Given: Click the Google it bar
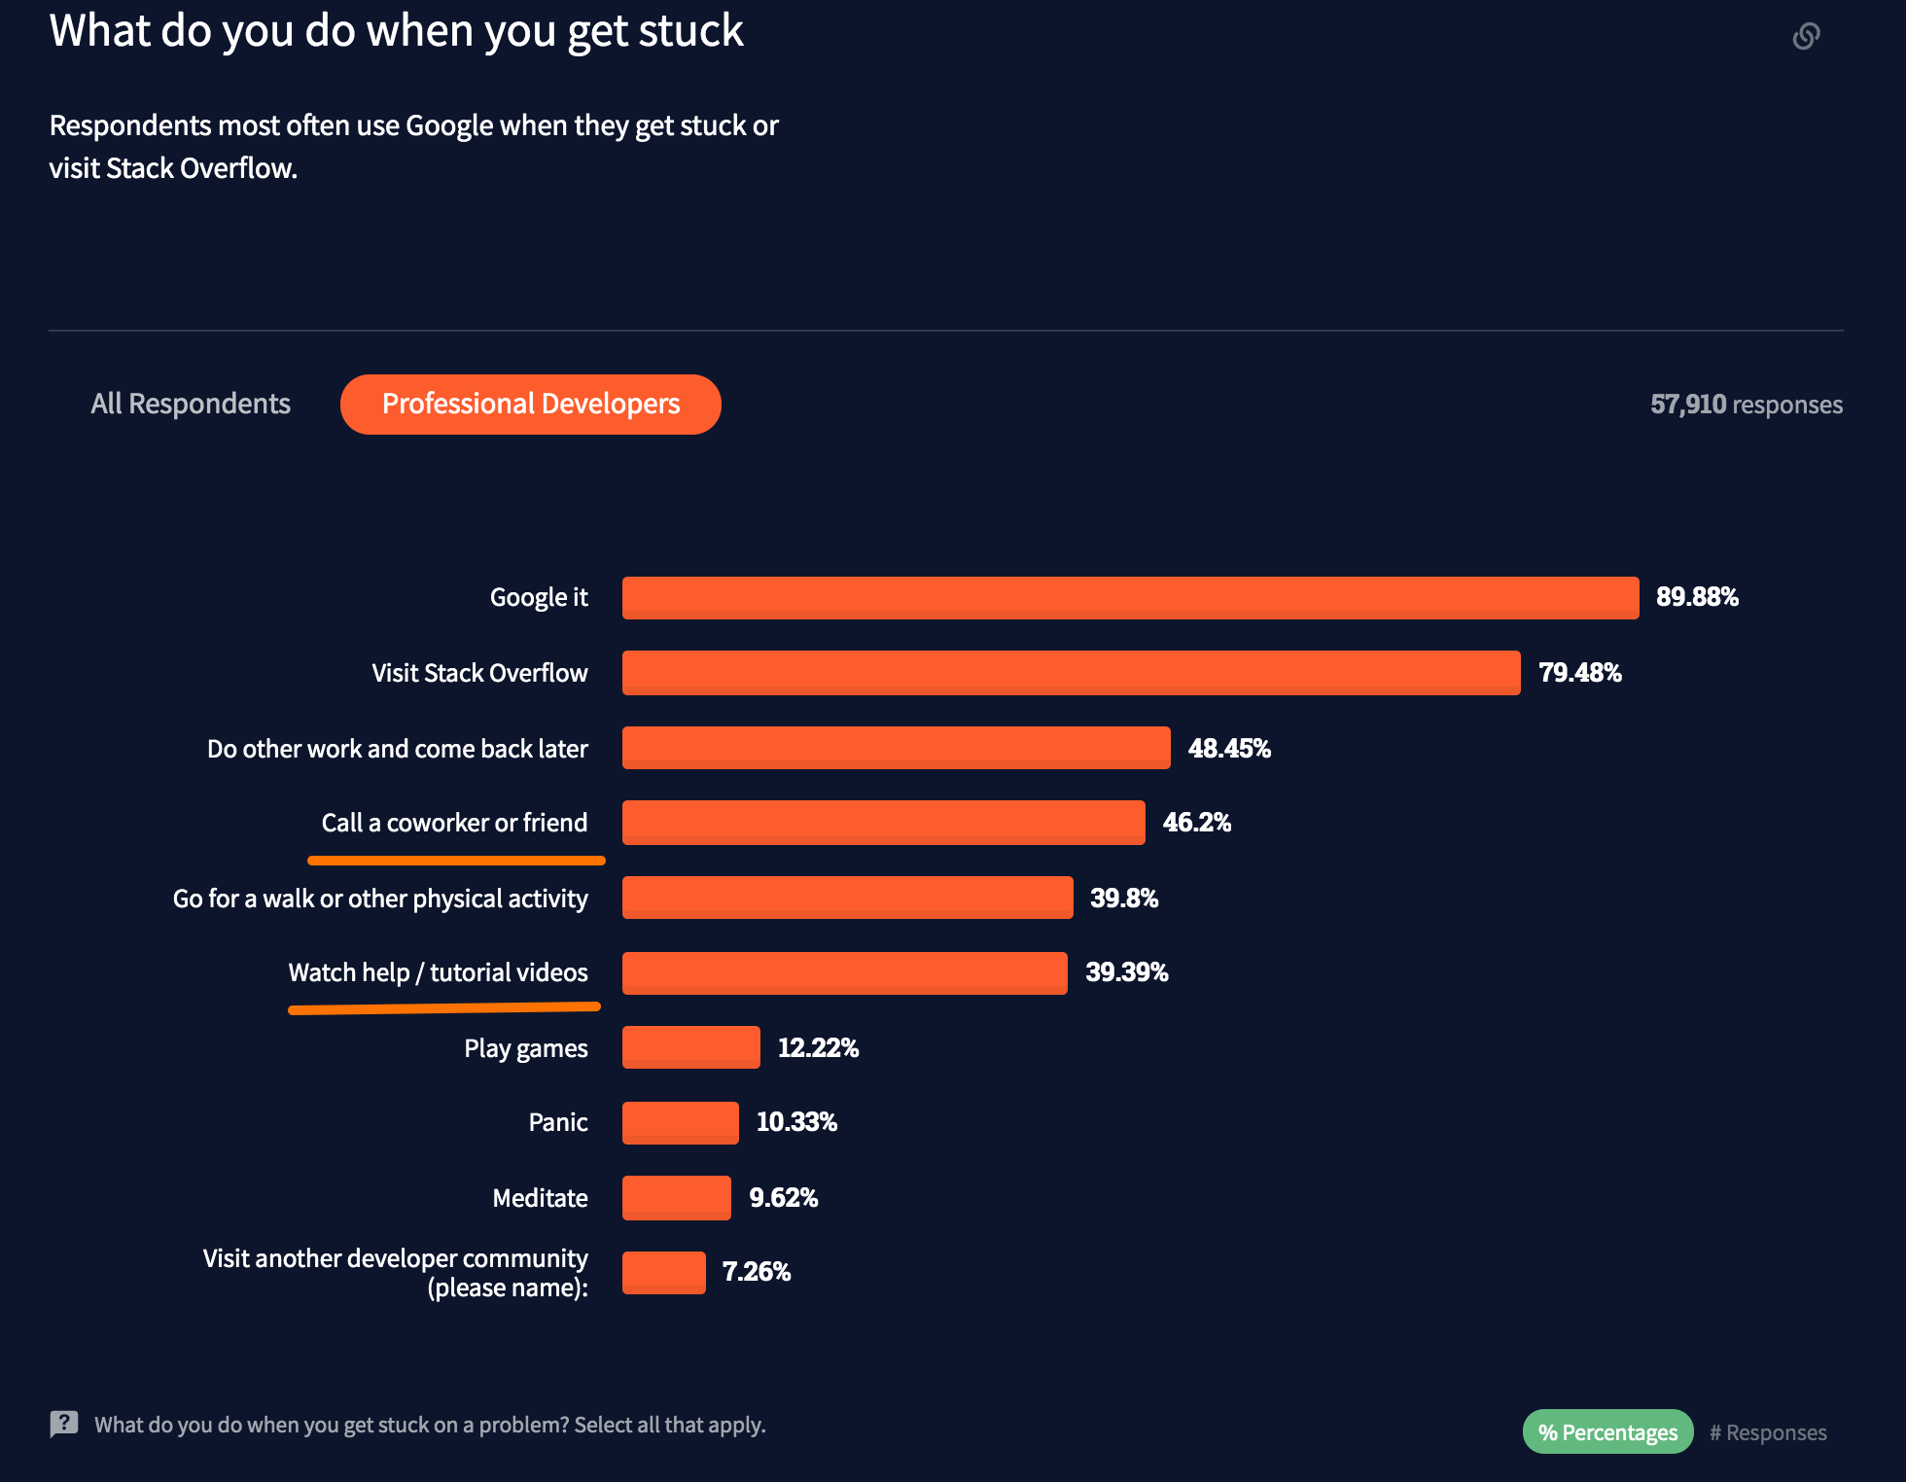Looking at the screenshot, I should pyautogui.click(x=1130, y=598).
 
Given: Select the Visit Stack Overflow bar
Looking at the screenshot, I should pyautogui.click(x=1071, y=673).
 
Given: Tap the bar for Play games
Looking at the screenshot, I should pyautogui.click(x=690, y=1047).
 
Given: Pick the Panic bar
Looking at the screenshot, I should pyautogui.click(x=680, y=1122).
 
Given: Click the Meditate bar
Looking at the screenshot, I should pyautogui.click(x=676, y=1197).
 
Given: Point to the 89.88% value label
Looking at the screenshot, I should pyautogui.click(x=1697, y=597).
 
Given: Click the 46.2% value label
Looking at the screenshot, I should pyautogui.click(x=1196, y=823).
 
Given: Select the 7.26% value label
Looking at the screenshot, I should pyautogui.click(x=756, y=1272).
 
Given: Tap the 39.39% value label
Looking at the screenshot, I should pyautogui.click(x=1126, y=972).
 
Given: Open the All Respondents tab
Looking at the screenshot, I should pyautogui.click(x=191, y=404).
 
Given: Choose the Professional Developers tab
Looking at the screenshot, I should pyautogui.click(x=531, y=404).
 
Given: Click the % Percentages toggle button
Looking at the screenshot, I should pyautogui.click(x=1607, y=1432).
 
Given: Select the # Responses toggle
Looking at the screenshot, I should pyautogui.click(x=1768, y=1432).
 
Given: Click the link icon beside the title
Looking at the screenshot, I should pyautogui.click(x=1806, y=36).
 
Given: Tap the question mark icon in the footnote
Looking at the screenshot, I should pyautogui.click(x=64, y=1425).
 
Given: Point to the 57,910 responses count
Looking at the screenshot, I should pyautogui.click(x=1746, y=405).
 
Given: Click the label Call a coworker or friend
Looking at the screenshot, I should pyautogui.click(x=454, y=823).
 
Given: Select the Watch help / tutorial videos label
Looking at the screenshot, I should pyautogui.click(x=438, y=972).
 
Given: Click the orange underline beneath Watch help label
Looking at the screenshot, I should pyautogui.click(x=443, y=1008).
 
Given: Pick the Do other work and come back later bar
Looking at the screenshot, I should pyautogui.click(x=896, y=748).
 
